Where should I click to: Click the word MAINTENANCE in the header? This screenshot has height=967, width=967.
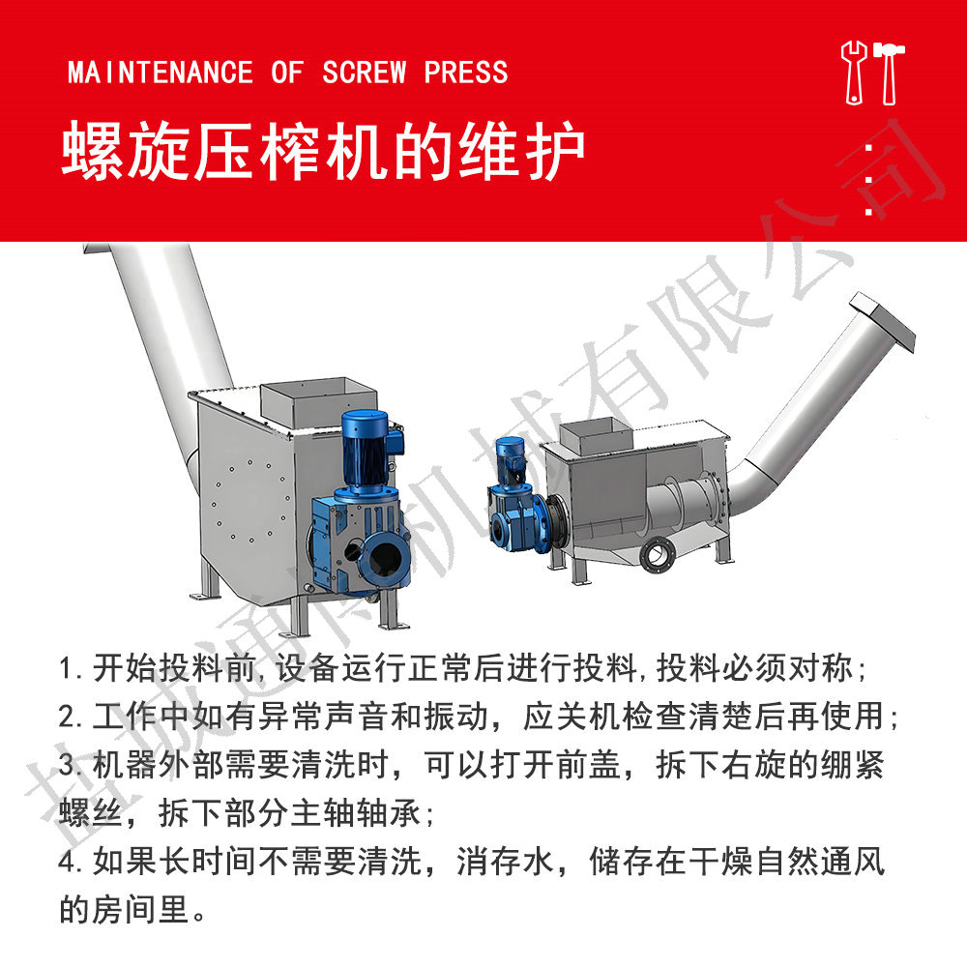tap(161, 73)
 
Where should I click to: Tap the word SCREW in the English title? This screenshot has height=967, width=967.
tap(365, 73)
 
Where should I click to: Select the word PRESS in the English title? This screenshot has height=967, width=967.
tap(466, 73)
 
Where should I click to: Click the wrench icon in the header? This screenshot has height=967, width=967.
tap(854, 73)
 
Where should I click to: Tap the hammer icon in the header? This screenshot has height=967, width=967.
tap(889, 73)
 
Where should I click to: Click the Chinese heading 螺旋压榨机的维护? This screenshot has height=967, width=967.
tap(323, 151)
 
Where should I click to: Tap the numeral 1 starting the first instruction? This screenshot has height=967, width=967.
tap(67, 669)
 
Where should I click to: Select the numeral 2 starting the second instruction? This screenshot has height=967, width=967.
tap(67, 718)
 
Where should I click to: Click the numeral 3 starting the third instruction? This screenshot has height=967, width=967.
tap(67, 765)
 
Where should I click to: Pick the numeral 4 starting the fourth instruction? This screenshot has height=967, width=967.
tap(67, 862)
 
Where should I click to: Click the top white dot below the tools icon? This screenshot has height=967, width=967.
tap(869, 147)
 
